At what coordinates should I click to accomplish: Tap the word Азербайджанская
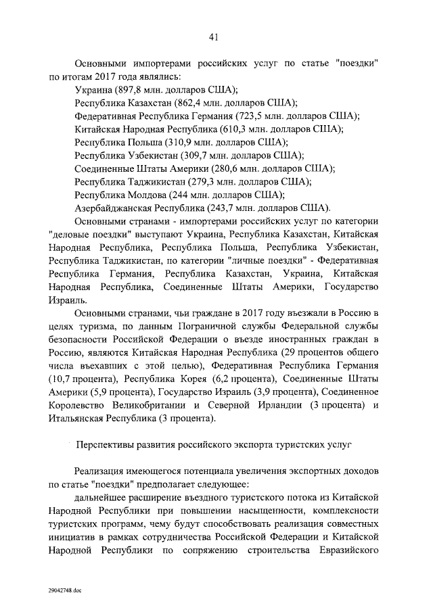pyautogui.click(x=113, y=208)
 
